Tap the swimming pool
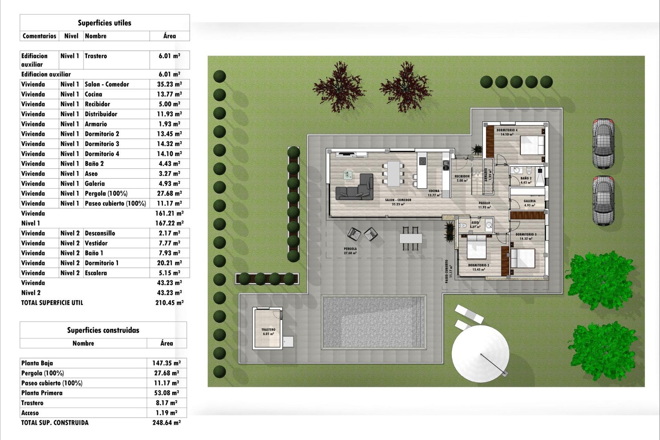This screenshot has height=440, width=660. pyautogui.click(x=374, y=322)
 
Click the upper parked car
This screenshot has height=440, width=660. pyautogui.click(x=603, y=143)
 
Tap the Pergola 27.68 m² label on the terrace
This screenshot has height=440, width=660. pyautogui.click(x=350, y=251)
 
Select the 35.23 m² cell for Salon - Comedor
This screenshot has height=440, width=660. pyautogui.click(x=169, y=84)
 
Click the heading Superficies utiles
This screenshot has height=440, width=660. pyautogui.click(x=104, y=23)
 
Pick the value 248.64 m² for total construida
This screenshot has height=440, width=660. pyautogui.click(x=166, y=422)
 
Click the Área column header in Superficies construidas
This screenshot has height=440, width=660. pyautogui.click(x=166, y=343)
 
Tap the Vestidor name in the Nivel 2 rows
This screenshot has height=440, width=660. pyautogui.click(x=96, y=243)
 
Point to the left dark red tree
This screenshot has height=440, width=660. pyautogui.click(x=339, y=87)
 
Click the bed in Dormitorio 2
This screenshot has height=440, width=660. pyautogui.click(x=476, y=246)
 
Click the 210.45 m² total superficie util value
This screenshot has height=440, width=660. pyautogui.click(x=169, y=302)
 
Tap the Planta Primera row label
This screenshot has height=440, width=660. pyautogui.click(x=42, y=393)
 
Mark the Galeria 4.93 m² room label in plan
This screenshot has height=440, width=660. pyautogui.click(x=529, y=203)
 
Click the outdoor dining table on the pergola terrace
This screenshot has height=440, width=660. pyautogui.click(x=410, y=238)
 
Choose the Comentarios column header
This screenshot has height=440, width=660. pyautogui.click(x=39, y=36)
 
